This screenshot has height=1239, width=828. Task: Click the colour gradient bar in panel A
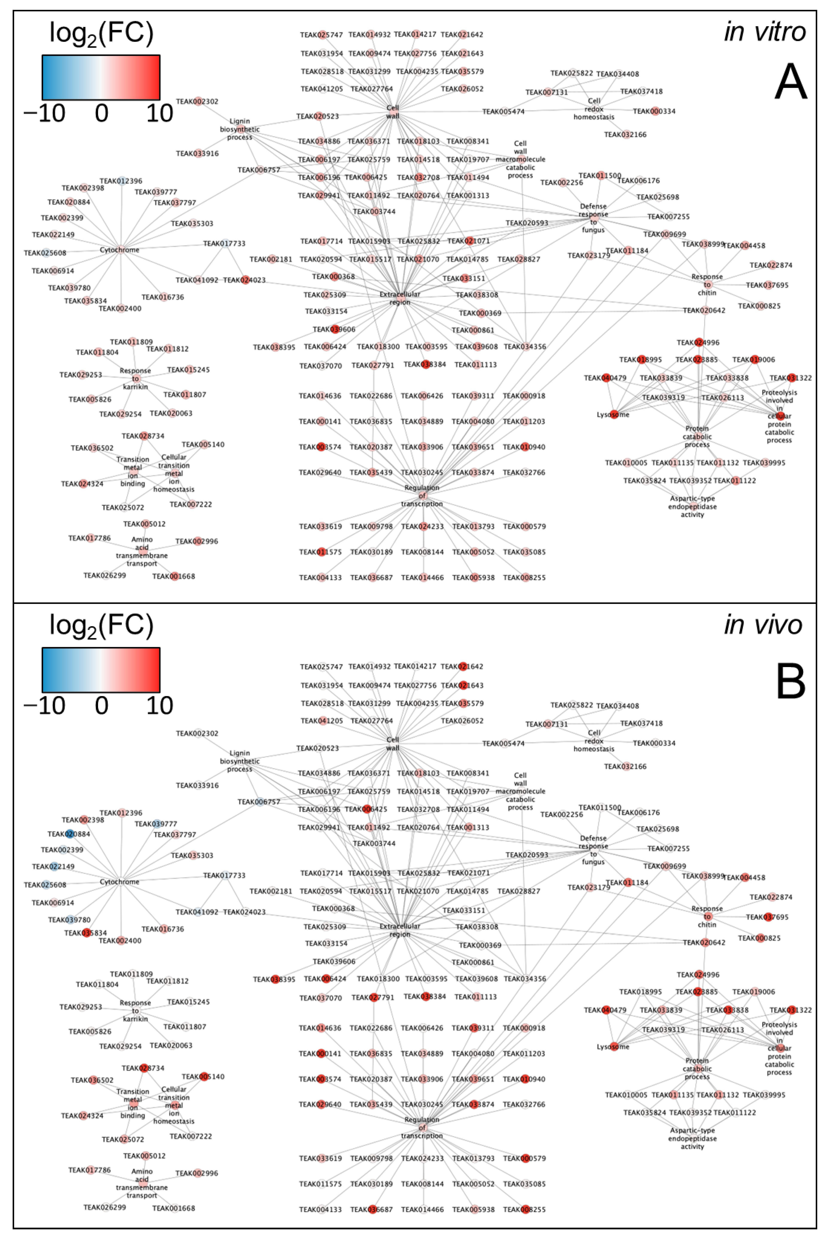[x=101, y=77]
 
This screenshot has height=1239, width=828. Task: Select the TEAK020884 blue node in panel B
[x=70, y=834]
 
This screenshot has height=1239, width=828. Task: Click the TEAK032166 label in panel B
[x=625, y=766]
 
